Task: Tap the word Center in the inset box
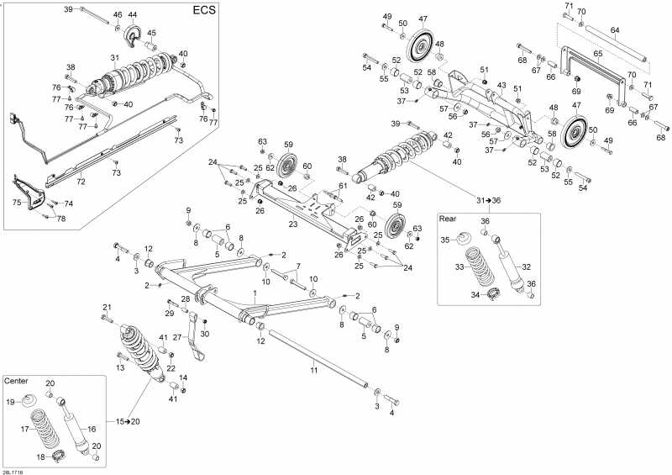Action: tap(18, 381)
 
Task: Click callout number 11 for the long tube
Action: tap(312, 370)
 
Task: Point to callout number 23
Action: tap(292, 224)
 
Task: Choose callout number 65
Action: tap(597, 54)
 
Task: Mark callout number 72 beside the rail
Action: tap(81, 182)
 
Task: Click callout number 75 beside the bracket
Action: tap(16, 202)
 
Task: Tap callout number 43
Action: tap(501, 86)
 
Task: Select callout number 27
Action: tap(177, 337)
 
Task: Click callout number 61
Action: tap(342, 185)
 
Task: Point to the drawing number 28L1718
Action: tap(13, 471)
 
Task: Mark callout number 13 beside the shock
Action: tap(120, 367)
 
